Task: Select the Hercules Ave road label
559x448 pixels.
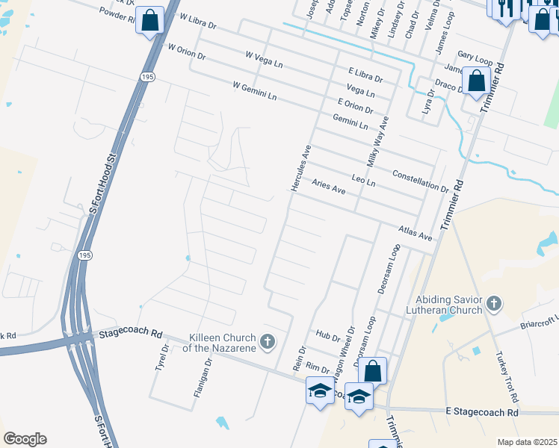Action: tap(300, 169)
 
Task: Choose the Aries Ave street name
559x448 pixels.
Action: tap(329, 187)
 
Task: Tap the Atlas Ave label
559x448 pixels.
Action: tap(416, 232)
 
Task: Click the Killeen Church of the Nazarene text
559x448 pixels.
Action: tap(211, 343)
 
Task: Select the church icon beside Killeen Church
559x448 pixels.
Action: tap(268, 342)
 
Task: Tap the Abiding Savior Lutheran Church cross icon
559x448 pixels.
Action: tap(492, 303)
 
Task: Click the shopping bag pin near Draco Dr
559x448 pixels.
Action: tap(475, 80)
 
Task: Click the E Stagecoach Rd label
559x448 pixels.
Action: tap(481, 412)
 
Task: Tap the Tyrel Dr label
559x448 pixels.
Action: tap(160, 361)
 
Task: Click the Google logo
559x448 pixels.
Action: tap(25, 439)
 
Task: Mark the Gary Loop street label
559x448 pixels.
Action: tap(475, 56)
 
